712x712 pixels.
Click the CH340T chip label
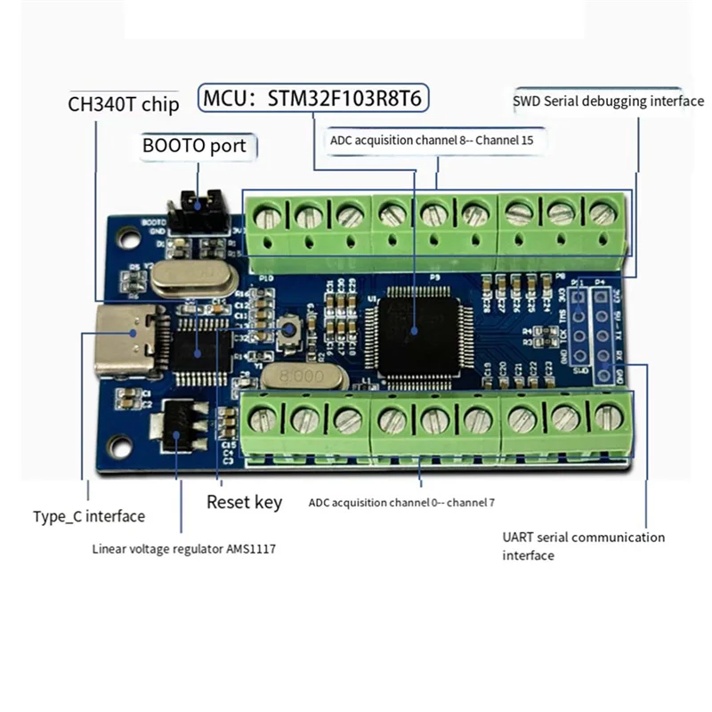(x=124, y=103)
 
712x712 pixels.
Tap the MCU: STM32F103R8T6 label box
(x=314, y=97)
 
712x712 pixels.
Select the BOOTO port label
(x=194, y=144)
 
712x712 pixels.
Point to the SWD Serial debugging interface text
(x=608, y=101)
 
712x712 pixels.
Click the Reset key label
(x=244, y=501)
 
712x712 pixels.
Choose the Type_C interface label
(x=89, y=515)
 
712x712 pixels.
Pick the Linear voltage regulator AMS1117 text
(x=184, y=548)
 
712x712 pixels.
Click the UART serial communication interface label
(x=583, y=546)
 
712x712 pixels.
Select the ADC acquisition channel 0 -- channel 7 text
(x=401, y=503)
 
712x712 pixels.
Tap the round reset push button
(x=288, y=331)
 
